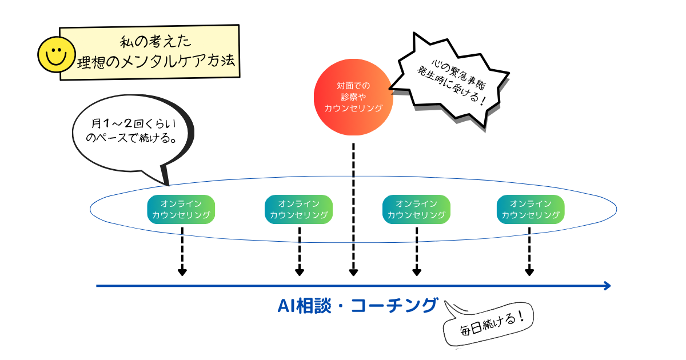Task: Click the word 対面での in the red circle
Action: pos(353,86)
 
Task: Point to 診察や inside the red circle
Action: pos(353,97)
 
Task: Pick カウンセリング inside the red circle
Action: pos(353,107)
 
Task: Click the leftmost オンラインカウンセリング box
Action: pos(181,209)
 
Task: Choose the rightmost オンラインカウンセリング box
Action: pos(531,209)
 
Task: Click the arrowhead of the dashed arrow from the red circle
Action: pos(354,271)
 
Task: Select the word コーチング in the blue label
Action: pos(394,306)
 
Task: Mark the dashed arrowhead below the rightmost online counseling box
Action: pos(529,271)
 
